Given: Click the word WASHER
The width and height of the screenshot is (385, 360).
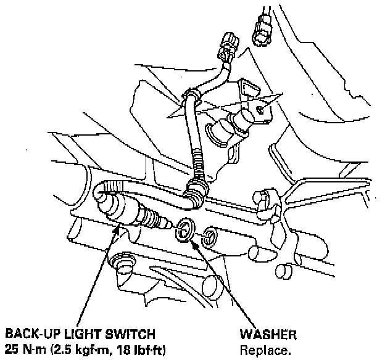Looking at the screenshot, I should (268, 335).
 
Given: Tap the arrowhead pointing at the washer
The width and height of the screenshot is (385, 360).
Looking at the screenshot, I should (196, 242).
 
